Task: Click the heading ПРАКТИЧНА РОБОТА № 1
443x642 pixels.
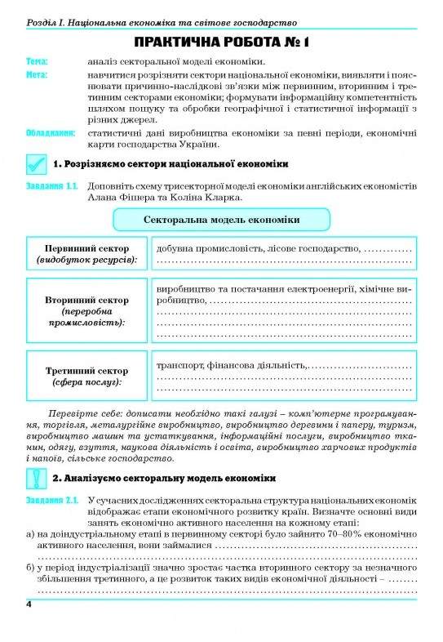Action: click(x=221, y=42)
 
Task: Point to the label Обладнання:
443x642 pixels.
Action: click(x=51, y=132)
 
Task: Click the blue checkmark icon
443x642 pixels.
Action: click(x=35, y=164)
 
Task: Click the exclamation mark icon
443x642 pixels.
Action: click(x=35, y=478)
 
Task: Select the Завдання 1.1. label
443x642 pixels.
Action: click(x=51, y=185)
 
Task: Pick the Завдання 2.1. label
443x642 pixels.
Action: click(x=51, y=500)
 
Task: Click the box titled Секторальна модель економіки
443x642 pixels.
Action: click(x=221, y=220)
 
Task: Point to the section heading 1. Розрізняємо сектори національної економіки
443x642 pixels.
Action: click(x=171, y=164)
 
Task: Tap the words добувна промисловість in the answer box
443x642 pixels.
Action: click(x=209, y=248)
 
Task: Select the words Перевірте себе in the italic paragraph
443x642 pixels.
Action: click(x=82, y=412)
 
